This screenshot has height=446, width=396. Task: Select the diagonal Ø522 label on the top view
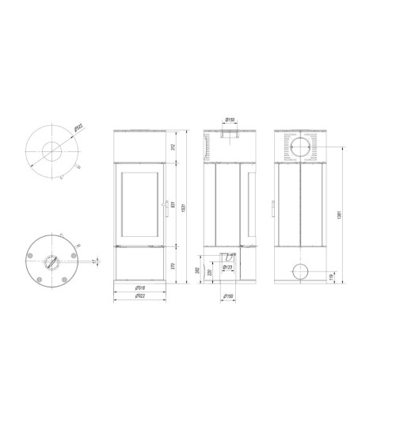pos(78,128)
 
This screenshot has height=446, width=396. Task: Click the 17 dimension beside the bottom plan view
pos(93,262)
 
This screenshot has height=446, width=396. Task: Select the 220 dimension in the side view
pos(208,273)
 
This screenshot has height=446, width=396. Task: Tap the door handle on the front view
pos(165,207)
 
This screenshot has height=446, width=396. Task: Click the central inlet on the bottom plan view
pos(52,263)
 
